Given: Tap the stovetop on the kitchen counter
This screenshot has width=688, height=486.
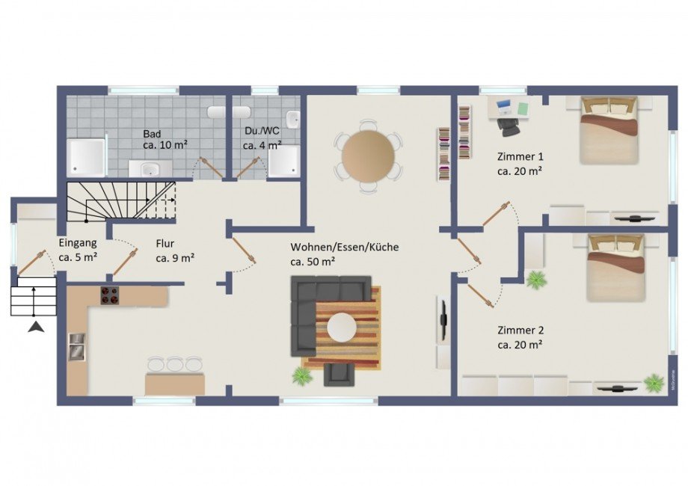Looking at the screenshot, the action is tap(110, 295).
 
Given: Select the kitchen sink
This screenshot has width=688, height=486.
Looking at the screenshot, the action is tap(77, 346).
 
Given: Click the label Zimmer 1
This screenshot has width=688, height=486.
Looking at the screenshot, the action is tap(520, 156).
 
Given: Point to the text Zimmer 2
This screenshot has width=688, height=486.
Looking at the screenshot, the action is tap(520, 330).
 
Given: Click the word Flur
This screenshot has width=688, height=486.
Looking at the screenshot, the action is tap(165, 244).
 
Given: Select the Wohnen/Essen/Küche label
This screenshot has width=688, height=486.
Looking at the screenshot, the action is tap(345, 247).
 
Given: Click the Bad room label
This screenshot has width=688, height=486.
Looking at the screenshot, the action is tap(152, 134).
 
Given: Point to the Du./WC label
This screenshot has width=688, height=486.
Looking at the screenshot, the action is tap(262, 131).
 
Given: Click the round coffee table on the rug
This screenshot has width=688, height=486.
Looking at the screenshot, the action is tap(342, 327).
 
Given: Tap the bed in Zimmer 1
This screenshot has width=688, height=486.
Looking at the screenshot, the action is tap(609, 130).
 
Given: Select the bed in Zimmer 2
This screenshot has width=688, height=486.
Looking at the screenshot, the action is tap(616, 268).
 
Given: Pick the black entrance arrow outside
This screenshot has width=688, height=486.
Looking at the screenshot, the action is tap(36, 327).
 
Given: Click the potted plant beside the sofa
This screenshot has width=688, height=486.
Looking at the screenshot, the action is tap(302, 375).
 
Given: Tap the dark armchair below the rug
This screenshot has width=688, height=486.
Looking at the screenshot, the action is tap(339, 375).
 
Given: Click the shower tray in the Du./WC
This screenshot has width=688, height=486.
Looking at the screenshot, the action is tap(284, 161).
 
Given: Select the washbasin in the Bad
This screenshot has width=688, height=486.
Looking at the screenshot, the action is tap(150, 168).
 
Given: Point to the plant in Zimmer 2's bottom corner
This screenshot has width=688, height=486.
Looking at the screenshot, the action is tap(654, 383).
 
